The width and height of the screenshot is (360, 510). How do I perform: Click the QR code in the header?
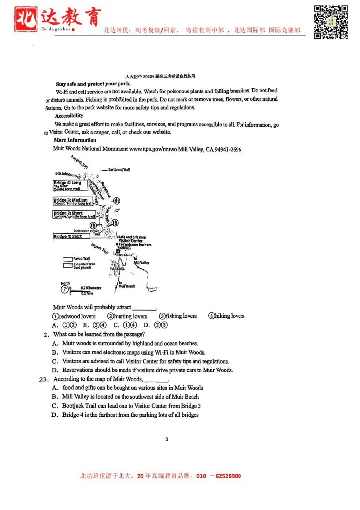(330, 22)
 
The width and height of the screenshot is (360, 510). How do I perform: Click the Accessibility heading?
(69, 116)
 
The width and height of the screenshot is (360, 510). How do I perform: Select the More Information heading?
(75, 140)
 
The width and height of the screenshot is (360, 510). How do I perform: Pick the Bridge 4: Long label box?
(68, 185)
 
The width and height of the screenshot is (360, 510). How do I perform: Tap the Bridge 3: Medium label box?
(73, 201)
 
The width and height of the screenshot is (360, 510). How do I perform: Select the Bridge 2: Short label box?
(74, 215)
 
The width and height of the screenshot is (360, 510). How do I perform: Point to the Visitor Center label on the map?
(130, 241)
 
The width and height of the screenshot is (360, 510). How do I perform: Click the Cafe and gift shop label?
(132, 237)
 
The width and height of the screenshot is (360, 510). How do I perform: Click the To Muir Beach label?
(126, 284)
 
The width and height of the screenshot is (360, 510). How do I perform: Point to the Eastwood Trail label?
(119, 170)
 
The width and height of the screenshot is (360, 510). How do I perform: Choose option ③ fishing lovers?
(178, 316)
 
